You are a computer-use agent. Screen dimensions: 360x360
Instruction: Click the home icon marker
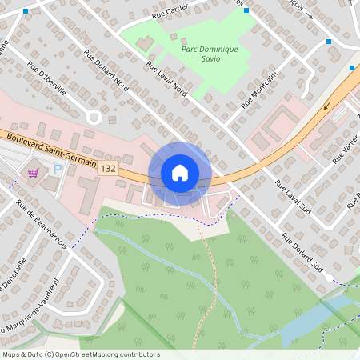pyautogui.click(x=180, y=172)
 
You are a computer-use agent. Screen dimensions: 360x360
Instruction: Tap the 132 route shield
pyautogui.click(x=109, y=169)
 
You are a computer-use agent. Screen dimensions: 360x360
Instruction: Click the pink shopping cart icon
pyautogui.click(x=34, y=172)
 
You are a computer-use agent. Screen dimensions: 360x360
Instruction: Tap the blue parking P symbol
pyautogui.click(x=57, y=169)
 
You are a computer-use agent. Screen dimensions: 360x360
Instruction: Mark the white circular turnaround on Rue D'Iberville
pyautogui.click(x=94, y=117)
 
